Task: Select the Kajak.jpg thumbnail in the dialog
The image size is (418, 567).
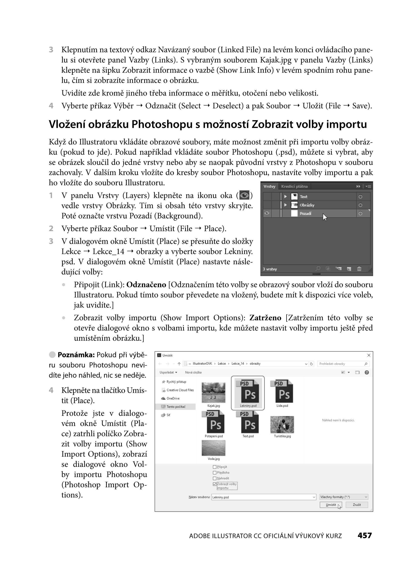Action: click(x=213, y=392)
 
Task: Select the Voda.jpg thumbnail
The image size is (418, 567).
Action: click(x=213, y=448)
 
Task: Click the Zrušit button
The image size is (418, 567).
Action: click(x=356, y=505)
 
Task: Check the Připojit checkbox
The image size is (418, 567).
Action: click(x=215, y=467)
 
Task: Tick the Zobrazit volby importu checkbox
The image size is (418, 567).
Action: click(x=215, y=484)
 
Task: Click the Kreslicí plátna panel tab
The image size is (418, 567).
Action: click(x=294, y=186)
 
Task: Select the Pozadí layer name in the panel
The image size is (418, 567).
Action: click(x=305, y=214)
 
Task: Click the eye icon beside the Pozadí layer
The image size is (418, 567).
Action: click(x=267, y=213)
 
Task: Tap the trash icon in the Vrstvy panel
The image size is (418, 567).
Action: click(x=359, y=269)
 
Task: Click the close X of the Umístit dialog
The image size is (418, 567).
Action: click(x=369, y=355)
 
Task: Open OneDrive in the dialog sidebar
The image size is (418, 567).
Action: click(x=173, y=398)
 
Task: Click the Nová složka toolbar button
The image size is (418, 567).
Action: click(x=193, y=372)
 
